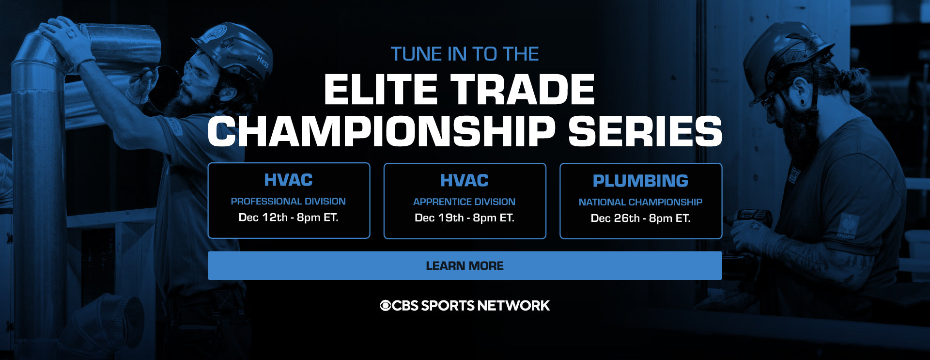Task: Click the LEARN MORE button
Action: point(465,266)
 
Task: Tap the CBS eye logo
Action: point(386,306)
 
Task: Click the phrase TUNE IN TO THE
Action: point(465,54)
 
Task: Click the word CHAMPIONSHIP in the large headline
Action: point(381,131)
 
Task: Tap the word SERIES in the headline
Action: point(645,131)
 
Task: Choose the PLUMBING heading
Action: point(640,181)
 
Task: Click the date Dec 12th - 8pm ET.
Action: point(288,218)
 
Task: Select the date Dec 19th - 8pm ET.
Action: point(465,218)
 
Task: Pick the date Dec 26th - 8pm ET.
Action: point(640,219)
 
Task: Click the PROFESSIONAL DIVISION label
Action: point(288,201)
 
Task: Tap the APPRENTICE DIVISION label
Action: point(465,202)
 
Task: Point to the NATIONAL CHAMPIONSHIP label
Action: point(640,202)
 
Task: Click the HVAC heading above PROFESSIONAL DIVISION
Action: point(288,180)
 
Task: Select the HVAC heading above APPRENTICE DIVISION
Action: point(465,181)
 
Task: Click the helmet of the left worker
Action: point(232,51)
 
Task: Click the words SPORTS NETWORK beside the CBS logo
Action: point(485,306)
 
